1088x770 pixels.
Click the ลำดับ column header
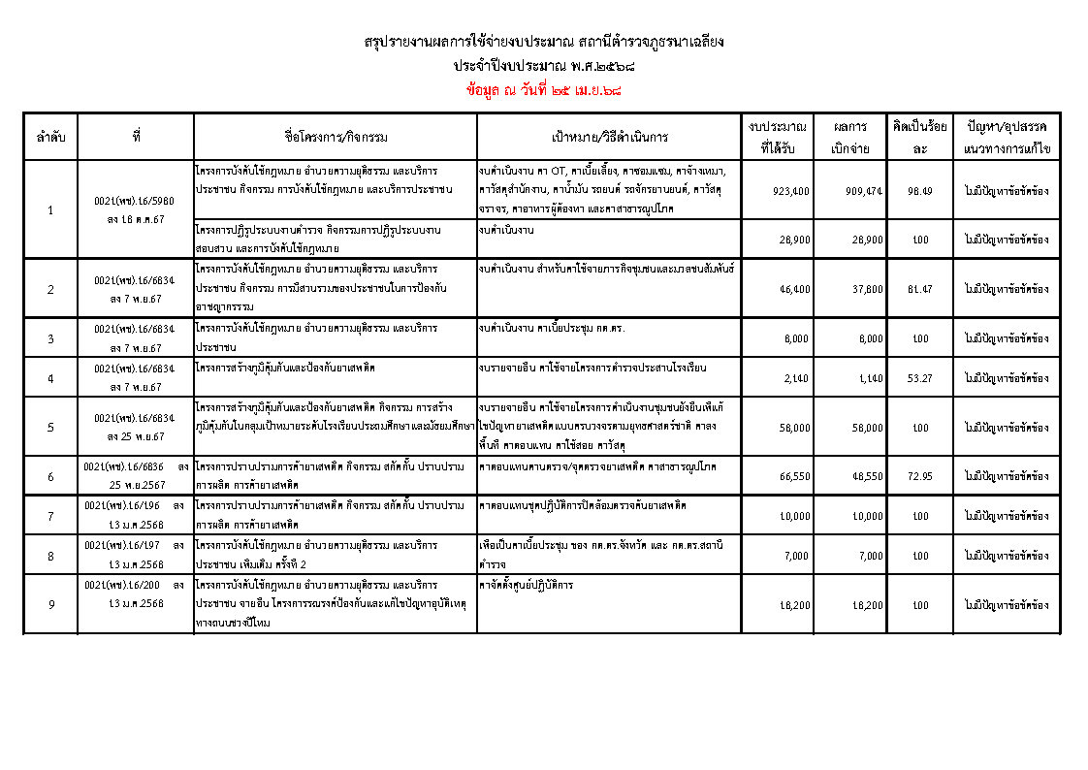point(50,138)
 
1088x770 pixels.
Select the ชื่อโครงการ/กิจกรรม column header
point(335,138)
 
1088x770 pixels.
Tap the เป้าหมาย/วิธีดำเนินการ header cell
point(610,138)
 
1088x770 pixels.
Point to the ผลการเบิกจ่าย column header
point(849,138)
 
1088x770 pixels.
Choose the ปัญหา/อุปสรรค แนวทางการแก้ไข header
point(1008,138)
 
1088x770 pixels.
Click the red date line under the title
point(543,90)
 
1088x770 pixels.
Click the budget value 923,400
point(791,191)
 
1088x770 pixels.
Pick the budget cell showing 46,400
point(795,289)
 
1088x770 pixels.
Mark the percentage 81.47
point(919,289)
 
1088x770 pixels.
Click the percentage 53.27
point(919,378)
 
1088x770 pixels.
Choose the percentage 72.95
point(919,476)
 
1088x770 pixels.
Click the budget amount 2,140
point(798,378)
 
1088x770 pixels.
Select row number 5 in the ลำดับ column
point(50,427)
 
